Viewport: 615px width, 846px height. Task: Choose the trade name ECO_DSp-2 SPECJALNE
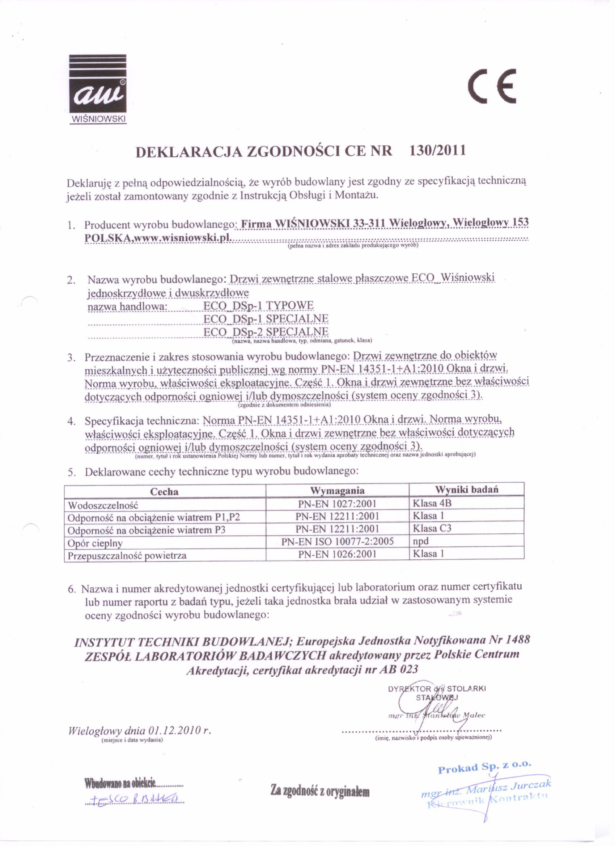coord(266,331)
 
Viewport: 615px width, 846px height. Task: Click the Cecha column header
coord(164,492)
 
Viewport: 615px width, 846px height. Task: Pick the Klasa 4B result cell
coord(432,503)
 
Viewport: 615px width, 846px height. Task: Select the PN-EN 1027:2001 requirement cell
coord(337,504)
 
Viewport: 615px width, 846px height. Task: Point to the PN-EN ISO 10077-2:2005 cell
coord(338,542)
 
